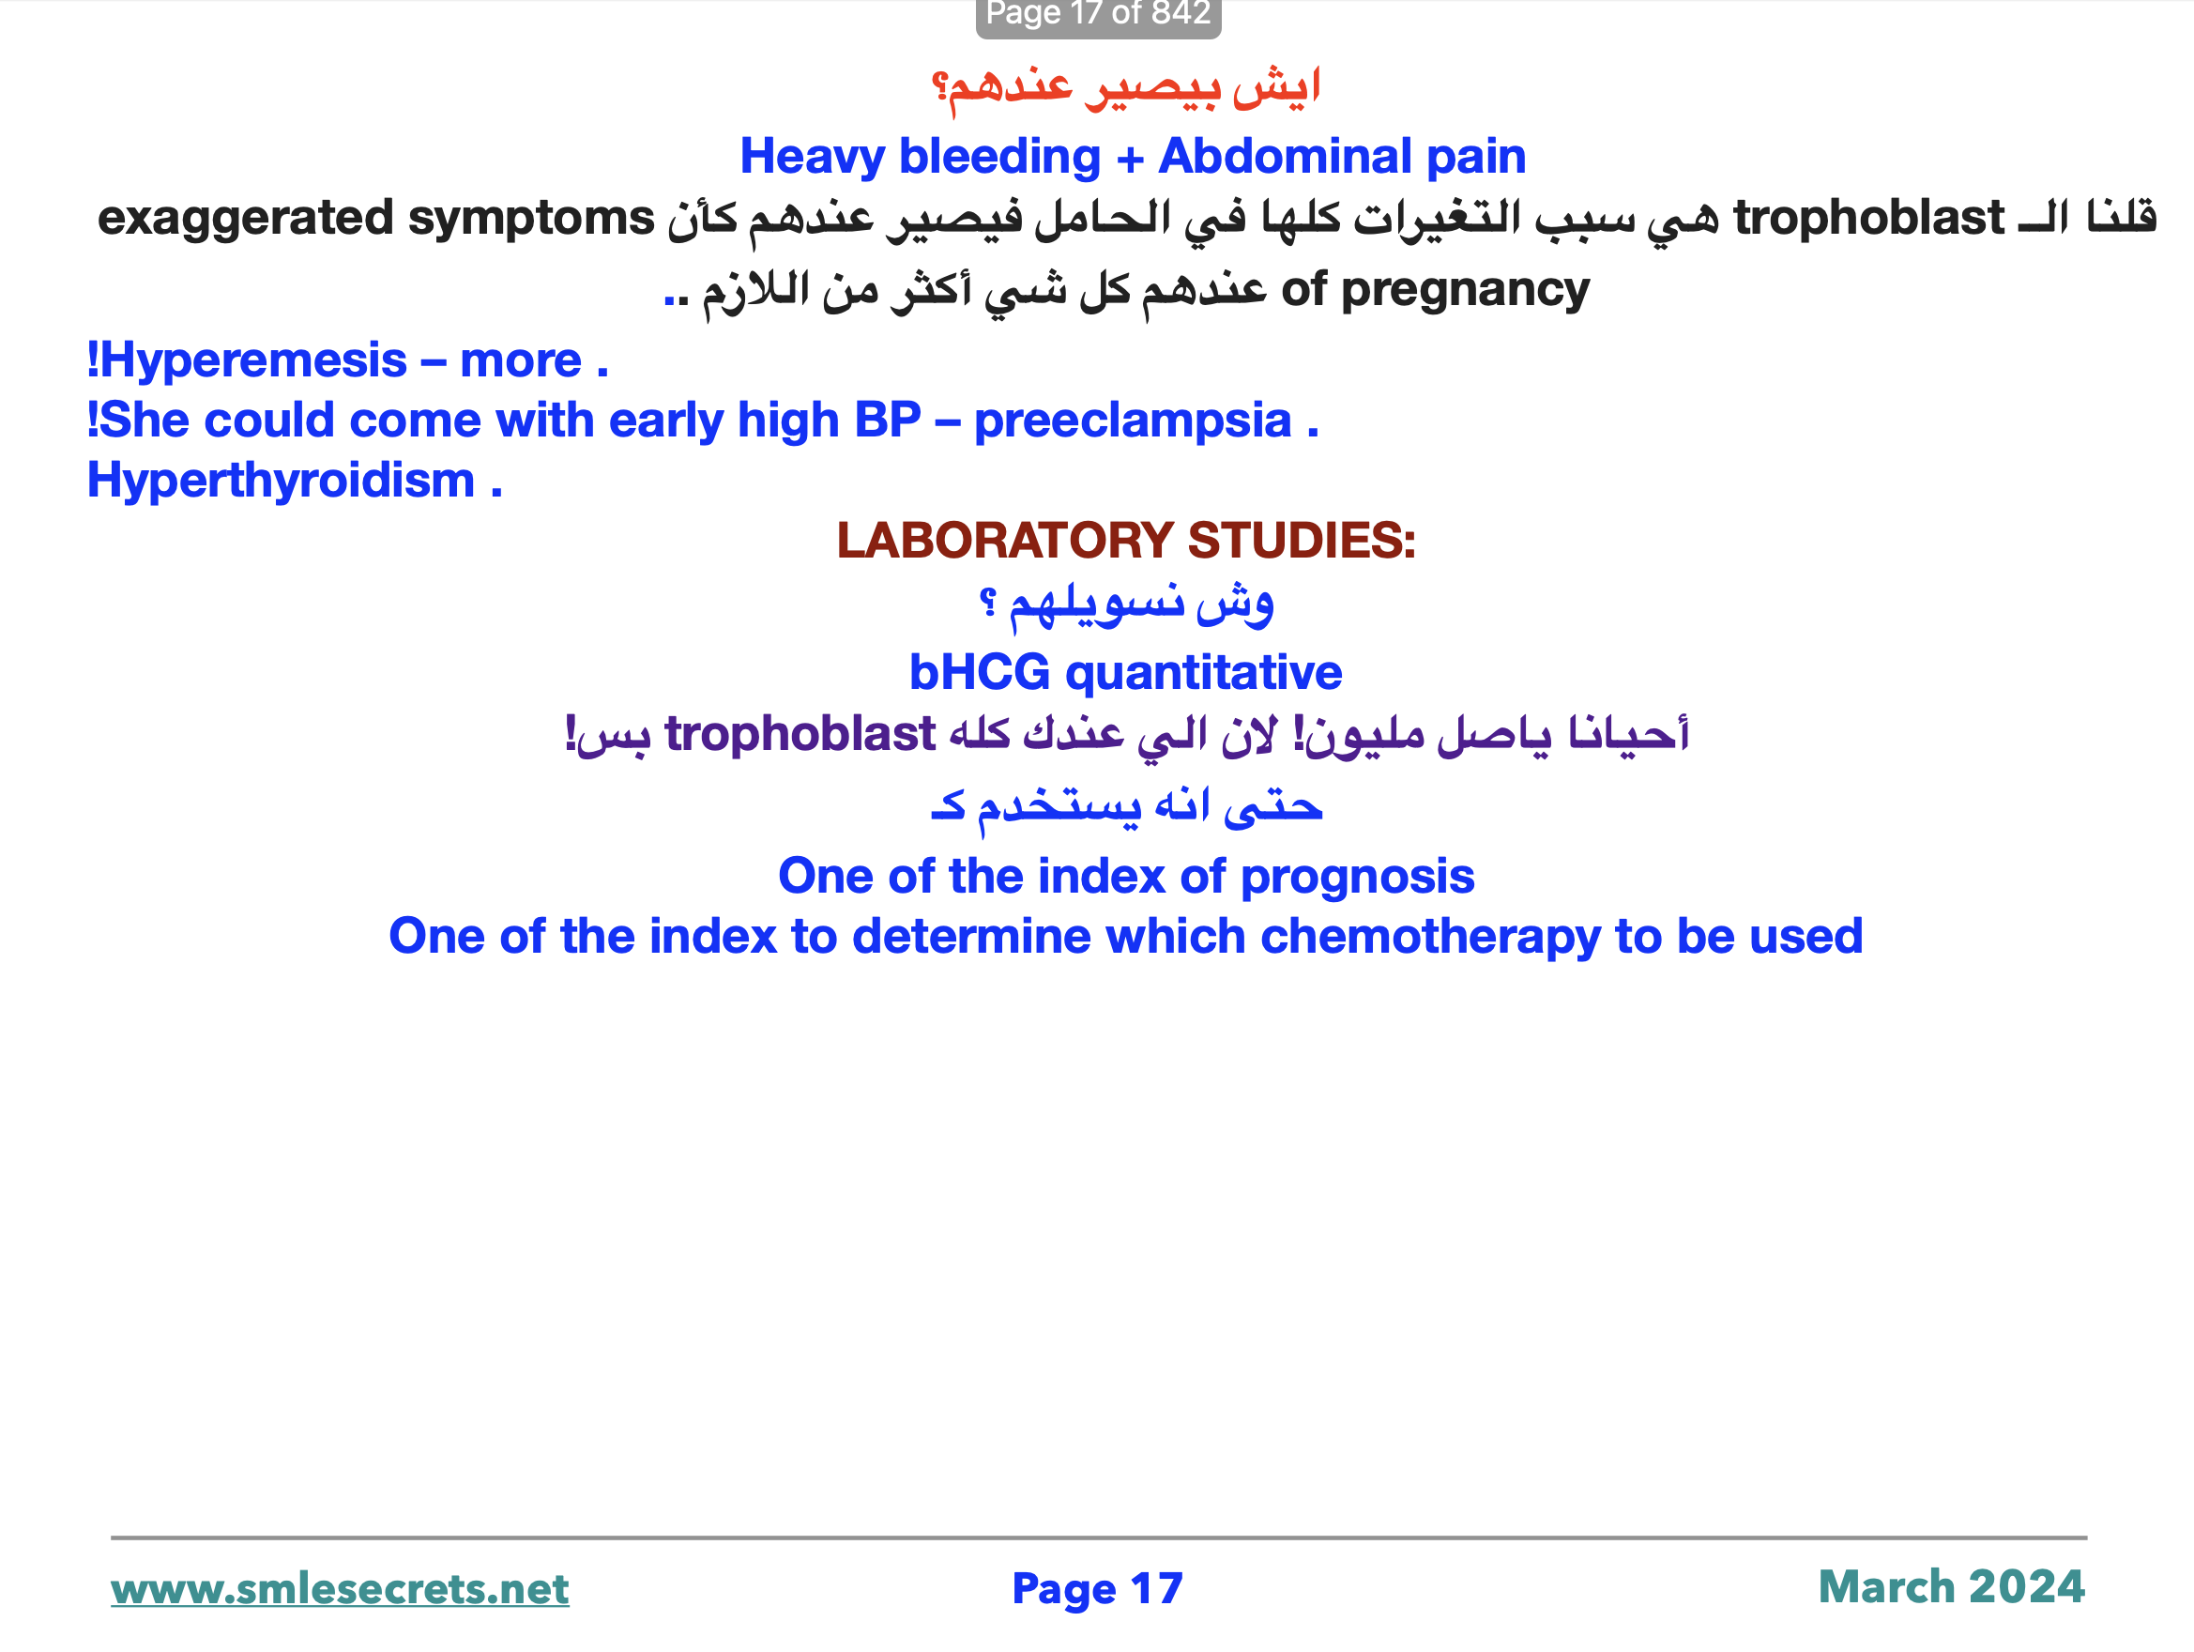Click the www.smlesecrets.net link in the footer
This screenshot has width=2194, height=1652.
(x=339, y=1588)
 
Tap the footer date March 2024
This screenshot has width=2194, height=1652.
(x=1951, y=1586)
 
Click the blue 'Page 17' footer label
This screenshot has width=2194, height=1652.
(x=1097, y=1588)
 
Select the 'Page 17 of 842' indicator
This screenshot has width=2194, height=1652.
(x=1098, y=14)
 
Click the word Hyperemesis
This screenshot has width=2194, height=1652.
(x=253, y=360)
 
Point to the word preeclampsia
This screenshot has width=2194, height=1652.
(x=1133, y=421)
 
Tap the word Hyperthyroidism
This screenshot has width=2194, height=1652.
(x=282, y=482)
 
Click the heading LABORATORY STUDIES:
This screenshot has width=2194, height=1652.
(x=1126, y=541)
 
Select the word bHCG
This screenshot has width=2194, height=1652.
(x=979, y=673)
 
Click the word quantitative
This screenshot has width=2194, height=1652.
(x=1203, y=673)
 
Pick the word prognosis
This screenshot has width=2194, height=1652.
(x=1357, y=877)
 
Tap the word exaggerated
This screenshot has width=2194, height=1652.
(x=246, y=219)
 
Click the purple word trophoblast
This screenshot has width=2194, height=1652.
(x=800, y=734)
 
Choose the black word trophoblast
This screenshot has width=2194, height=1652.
(x=1868, y=219)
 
